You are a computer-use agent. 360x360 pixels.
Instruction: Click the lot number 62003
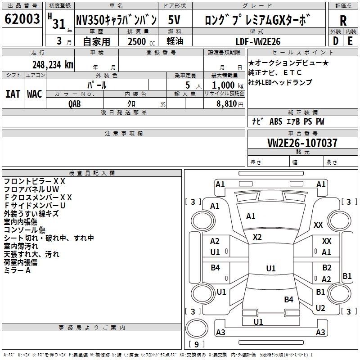coord(22,19)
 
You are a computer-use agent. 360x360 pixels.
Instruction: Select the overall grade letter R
coord(343,21)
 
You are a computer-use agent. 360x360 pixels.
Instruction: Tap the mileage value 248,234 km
coord(53,65)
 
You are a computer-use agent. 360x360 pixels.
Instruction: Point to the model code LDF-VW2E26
coord(258,41)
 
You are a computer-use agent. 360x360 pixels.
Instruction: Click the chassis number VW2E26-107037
coord(302,143)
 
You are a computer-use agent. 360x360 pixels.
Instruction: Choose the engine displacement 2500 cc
coord(141,41)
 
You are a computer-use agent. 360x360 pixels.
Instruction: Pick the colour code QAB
coord(75,104)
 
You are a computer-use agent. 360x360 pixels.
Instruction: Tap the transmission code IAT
coord(13,94)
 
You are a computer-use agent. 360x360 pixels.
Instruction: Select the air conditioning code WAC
coord(35,94)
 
